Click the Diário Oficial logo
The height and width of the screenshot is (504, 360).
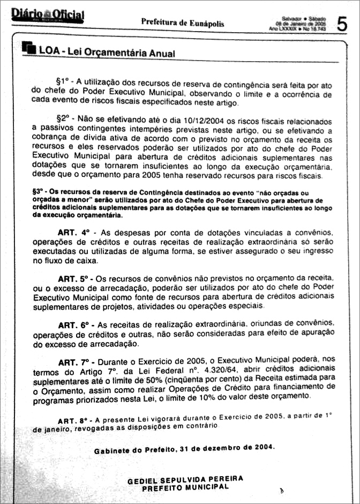point(47,16)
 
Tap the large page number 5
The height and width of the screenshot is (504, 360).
point(342,24)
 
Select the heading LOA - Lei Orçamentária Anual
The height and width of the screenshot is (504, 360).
point(107,53)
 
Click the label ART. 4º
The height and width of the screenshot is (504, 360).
point(76,233)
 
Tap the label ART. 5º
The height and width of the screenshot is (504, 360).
point(76,279)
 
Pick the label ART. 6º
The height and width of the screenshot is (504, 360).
point(76,325)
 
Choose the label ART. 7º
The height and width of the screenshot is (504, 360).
point(76,362)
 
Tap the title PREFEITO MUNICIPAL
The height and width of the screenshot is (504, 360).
point(185,487)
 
